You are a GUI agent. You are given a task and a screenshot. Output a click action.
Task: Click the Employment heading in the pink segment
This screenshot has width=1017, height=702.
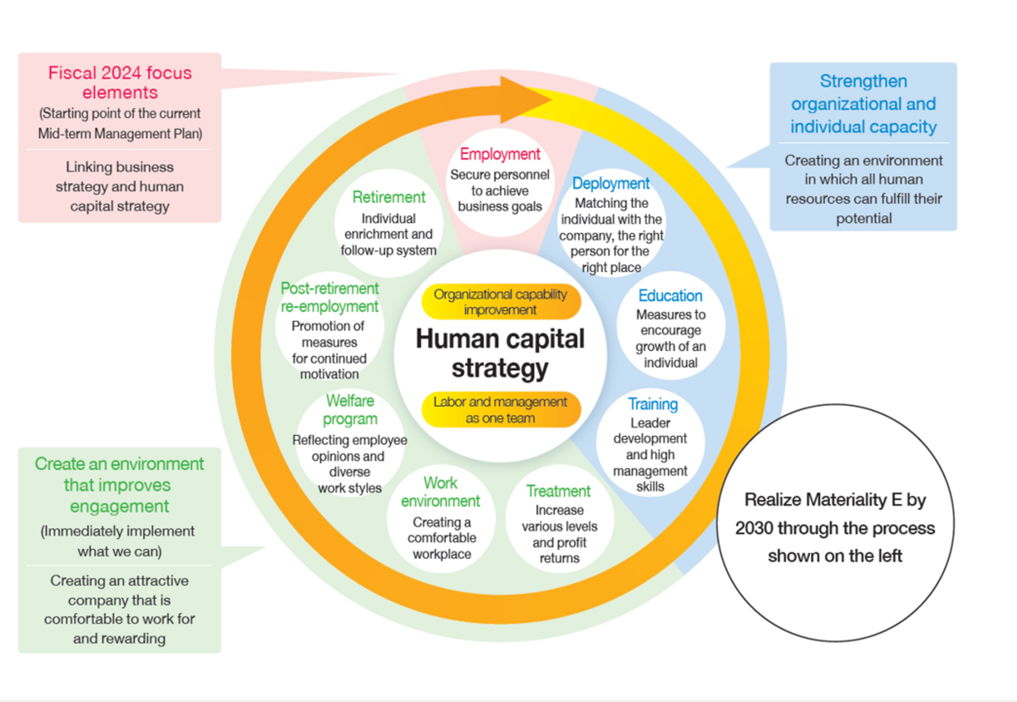[x=500, y=154]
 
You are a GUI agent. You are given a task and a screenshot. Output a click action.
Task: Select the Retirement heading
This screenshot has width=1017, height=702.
[x=388, y=197]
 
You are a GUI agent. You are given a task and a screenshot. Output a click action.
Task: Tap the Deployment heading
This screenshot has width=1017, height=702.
[x=611, y=183]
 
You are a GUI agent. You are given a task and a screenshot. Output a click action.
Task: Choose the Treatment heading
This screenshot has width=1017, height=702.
[x=558, y=491]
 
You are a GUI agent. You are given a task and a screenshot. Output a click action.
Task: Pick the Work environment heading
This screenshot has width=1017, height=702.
[x=440, y=492]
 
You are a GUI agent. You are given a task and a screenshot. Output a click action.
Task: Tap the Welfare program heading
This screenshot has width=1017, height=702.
[x=350, y=410]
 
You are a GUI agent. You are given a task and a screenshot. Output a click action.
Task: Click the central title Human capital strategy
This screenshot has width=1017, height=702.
[x=500, y=353]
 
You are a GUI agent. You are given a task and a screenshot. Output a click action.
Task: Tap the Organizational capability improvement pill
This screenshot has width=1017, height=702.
[x=501, y=302]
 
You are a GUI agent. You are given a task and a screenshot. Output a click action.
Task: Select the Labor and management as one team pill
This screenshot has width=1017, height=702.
[x=501, y=410]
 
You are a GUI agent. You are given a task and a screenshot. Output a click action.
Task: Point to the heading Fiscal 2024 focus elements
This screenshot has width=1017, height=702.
[x=120, y=82]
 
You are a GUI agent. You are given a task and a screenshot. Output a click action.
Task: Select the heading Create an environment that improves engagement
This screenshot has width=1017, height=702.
[x=119, y=485]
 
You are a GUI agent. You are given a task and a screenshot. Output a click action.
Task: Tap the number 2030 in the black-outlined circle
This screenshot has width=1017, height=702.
[x=753, y=528]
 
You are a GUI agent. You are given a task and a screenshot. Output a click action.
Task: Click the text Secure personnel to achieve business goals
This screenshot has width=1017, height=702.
[x=500, y=190]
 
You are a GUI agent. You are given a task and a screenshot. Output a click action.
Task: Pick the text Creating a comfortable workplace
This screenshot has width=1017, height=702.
[x=441, y=538]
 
